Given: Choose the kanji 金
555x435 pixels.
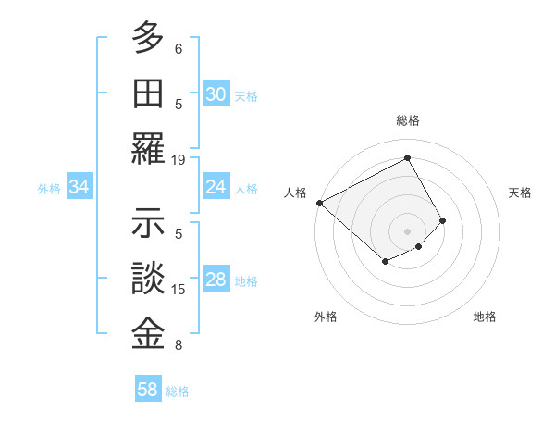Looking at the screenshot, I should [149, 333].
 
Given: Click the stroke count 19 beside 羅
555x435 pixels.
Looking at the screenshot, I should [179, 159].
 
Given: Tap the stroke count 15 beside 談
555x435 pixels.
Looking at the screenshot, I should [179, 290].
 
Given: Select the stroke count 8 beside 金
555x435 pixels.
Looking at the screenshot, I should [179, 345].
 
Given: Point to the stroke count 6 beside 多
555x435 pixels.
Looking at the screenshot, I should [179, 48].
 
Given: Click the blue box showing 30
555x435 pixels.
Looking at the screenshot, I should [216, 94].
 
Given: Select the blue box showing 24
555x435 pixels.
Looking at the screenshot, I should [216, 188].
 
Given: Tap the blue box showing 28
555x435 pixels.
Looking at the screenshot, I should [216, 280].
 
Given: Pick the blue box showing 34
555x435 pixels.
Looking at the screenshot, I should [79, 188].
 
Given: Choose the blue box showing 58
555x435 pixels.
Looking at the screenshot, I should [148, 390].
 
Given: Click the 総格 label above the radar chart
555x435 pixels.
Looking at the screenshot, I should [407, 120].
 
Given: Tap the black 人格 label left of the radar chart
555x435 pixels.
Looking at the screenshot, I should [295, 193].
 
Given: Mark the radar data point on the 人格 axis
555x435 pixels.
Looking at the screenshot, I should [319, 203].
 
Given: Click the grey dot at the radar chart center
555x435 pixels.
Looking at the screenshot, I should [407, 230].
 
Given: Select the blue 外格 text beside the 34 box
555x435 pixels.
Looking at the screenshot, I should [49, 189].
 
